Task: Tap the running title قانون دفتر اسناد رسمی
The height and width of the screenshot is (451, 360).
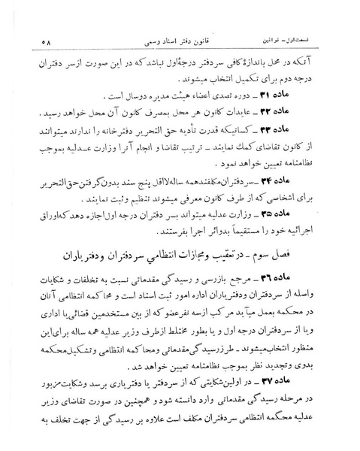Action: pos(180,38)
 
